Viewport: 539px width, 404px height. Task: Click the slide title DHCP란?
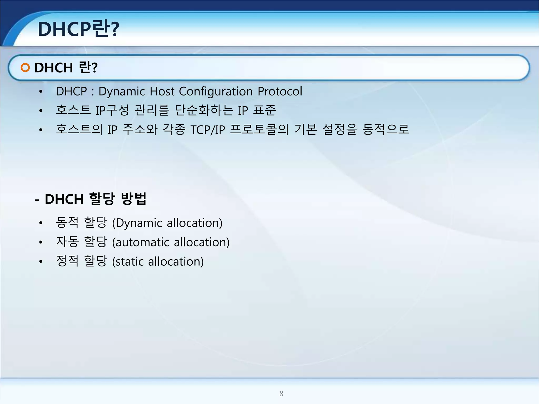(x=78, y=29)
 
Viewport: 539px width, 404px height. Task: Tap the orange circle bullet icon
(x=25, y=68)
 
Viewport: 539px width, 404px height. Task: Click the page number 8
(x=281, y=393)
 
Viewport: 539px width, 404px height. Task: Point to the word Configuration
(x=216, y=92)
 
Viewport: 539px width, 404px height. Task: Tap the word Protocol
(x=280, y=92)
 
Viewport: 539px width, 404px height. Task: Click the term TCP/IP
(x=208, y=130)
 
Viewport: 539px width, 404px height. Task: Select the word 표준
(x=264, y=110)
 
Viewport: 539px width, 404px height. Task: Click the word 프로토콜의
(x=259, y=129)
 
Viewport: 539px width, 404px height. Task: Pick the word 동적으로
(x=386, y=129)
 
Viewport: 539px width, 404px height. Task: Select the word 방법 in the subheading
(x=133, y=199)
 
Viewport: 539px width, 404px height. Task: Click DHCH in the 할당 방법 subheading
(x=64, y=199)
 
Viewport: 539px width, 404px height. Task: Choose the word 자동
(x=67, y=242)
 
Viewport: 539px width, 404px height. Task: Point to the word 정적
(x=67, y=261)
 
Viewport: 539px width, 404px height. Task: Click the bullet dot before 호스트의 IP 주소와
(x=41, y=130)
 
